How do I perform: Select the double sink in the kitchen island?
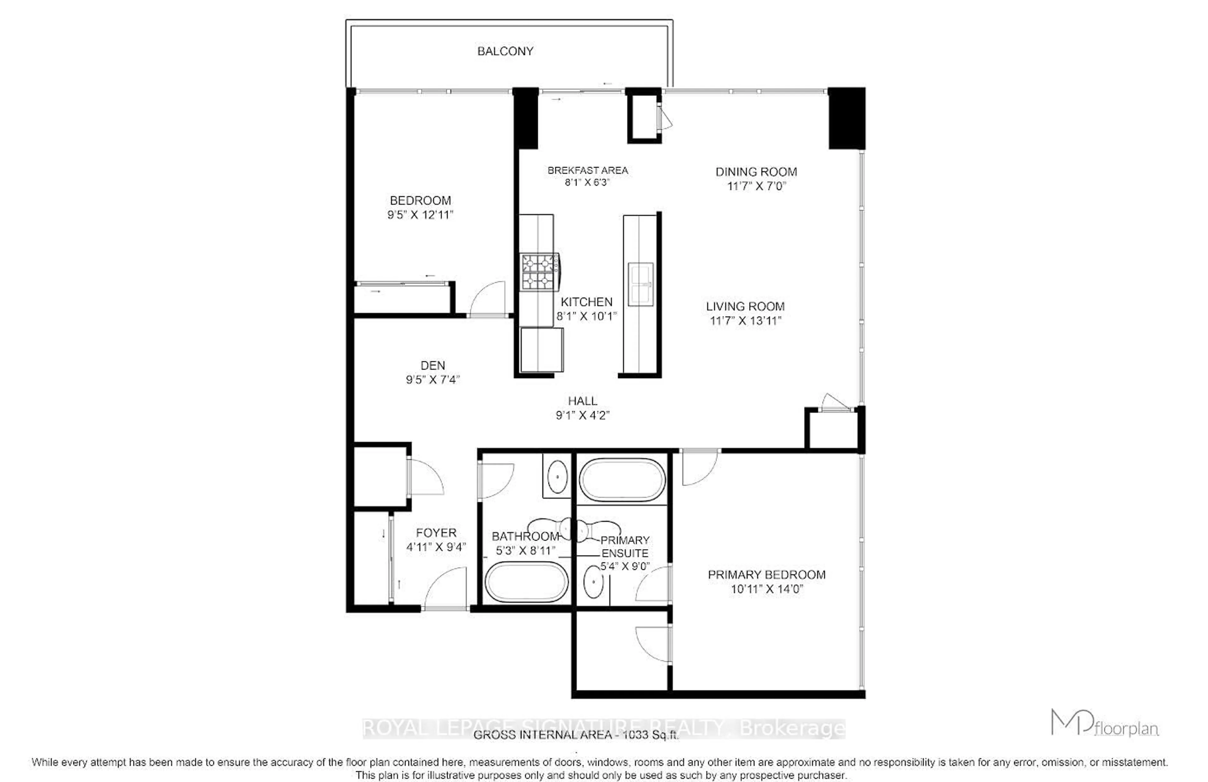pyautogui.click(x=640, y=284)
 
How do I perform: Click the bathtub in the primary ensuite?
pyautogui.click(x=622, y=480)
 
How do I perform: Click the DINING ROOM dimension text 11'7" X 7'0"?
pyautogui.click(x=756, y=186)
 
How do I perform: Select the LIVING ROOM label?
pyautogui.click(x=745, y=306)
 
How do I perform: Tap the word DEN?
pyautogui.click(x=433, y=365)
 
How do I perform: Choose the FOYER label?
pyautogui.click(x=436, y=533)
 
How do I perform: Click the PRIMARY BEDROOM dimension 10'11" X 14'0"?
pyautogui.click(x=766, y=589)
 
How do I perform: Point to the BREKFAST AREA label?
pyautogui.click(x=587, y=171)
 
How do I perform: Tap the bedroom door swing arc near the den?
pyautogui.click(x=487, y=300)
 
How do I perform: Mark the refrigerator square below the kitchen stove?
pyautogui.click(x=542, y=350)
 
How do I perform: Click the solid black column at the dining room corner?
pyautogui.click(x=847, y=118)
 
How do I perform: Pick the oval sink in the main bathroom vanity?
pyautogui.click(x=557, y=476)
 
